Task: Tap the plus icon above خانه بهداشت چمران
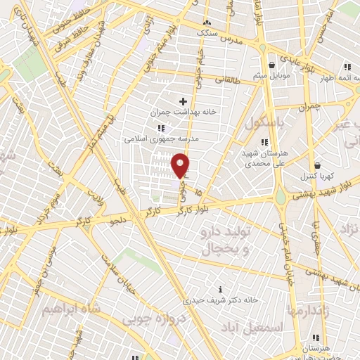coord(184,101)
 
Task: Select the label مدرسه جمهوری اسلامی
coord(162,139)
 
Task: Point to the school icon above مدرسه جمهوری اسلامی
coord(161,128)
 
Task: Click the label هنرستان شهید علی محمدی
coord(264,157)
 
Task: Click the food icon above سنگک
coord(207,22)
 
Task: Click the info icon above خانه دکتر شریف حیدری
coord(222,289)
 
